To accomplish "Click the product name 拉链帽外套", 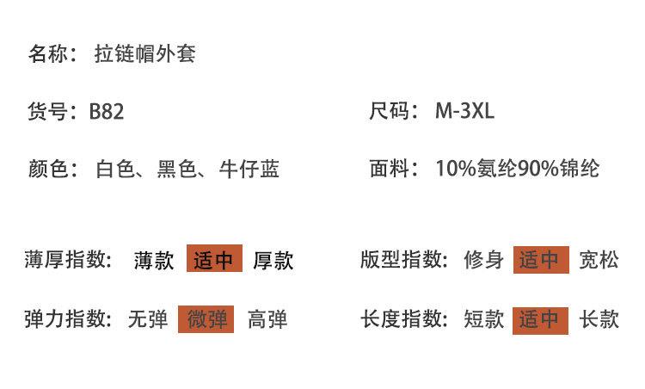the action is [145, 54].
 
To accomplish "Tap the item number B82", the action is [106, 111].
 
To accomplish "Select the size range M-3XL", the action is [464, 111].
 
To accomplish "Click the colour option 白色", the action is [115, 169].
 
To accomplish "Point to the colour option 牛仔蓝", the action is [249, 169].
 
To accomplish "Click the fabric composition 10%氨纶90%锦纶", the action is [517, 169].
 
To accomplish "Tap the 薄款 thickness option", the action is [155, 260].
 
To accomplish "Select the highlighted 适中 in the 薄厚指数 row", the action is [214, 259].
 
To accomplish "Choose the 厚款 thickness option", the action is [273, 260].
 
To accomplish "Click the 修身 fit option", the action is [483, 259].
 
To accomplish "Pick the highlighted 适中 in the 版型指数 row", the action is [540, 259].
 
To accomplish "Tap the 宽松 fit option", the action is [599, 259].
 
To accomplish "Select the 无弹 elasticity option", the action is [147, 319].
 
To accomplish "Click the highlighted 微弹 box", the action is [206, 319].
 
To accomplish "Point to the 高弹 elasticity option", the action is [267, 319].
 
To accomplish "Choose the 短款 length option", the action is [483, 319].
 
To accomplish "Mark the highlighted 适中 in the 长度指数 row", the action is [540, 319].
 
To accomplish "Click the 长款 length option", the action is [599, 319].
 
